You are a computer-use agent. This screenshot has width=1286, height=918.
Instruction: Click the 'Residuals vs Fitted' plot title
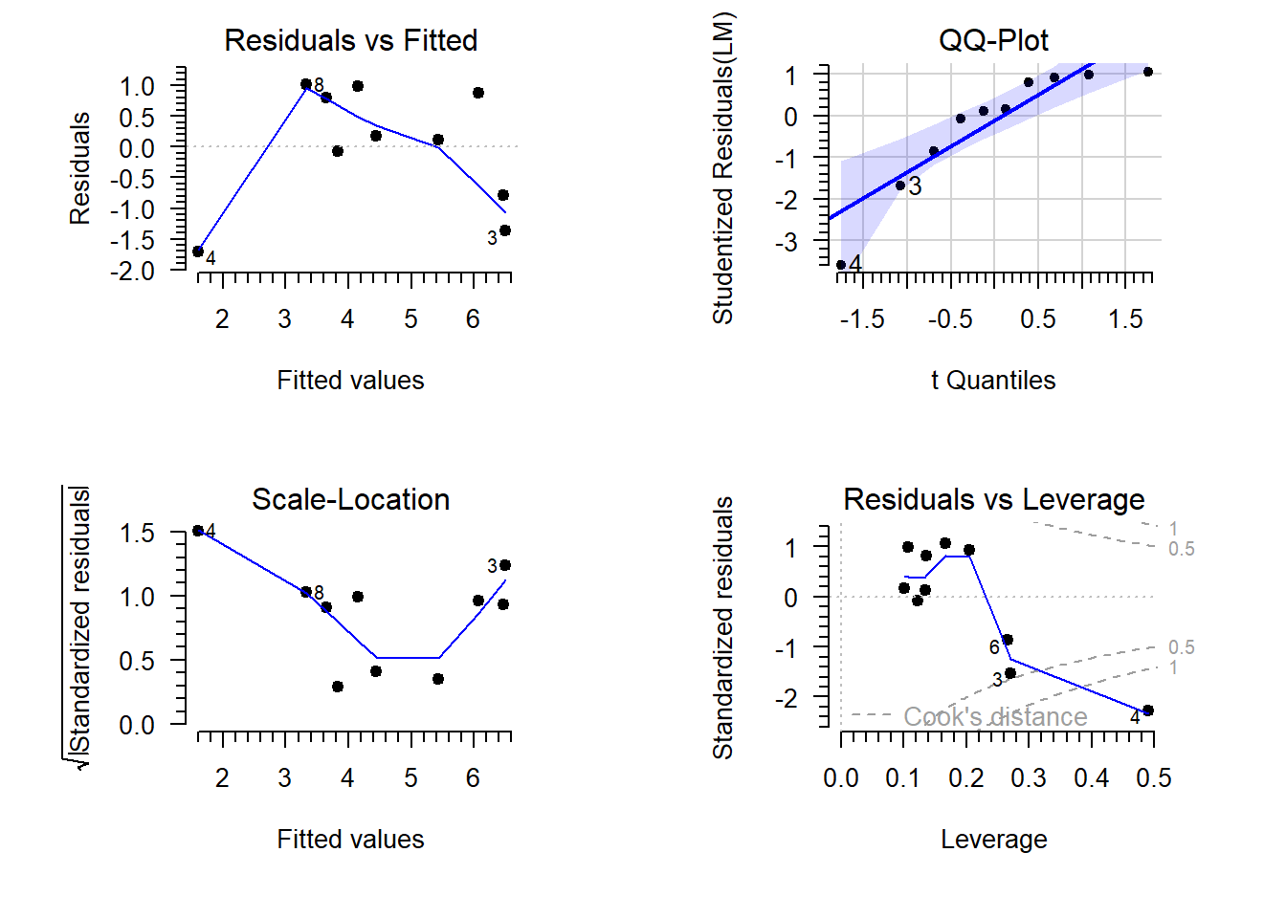350,40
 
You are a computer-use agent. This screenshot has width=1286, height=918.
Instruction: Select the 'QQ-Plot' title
993,40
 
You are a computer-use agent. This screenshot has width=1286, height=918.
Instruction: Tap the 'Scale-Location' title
350,499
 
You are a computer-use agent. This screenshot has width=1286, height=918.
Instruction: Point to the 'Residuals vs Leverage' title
993,499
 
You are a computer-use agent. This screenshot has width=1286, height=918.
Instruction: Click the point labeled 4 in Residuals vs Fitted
198,251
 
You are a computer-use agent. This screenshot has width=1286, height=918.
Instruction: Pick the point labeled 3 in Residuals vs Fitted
505,230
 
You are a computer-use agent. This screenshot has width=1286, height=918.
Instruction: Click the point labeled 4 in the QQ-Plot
841,265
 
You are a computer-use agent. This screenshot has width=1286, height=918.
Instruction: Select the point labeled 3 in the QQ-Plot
900,186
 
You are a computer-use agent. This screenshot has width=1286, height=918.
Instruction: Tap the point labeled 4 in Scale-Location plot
198,531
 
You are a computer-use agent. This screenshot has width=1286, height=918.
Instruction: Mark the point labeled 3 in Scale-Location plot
505,565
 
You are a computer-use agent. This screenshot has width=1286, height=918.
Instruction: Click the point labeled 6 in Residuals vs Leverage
1008,640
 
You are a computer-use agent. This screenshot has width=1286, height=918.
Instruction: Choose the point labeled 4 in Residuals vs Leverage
1148,710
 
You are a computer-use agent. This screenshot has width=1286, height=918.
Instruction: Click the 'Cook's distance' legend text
995,717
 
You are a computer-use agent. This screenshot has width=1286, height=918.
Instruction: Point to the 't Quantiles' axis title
993,381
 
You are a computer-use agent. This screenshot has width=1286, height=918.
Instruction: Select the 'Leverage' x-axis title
993,840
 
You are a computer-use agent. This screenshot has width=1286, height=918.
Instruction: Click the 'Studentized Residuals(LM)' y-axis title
723,168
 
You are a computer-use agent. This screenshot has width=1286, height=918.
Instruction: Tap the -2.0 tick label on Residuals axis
132,272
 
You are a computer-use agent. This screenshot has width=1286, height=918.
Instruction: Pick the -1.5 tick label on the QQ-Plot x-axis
862,319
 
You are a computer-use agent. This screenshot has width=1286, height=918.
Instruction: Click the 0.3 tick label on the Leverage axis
1029,778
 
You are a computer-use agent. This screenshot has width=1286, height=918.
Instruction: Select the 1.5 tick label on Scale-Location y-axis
137,533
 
